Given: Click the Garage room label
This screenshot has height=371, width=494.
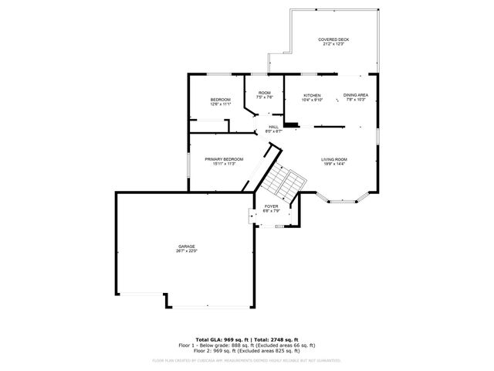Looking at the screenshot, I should click(x=186, y=247).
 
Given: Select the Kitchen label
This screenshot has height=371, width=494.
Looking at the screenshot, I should click(x=312, y=95).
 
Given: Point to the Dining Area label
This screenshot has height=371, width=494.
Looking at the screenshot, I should click(x=356, y=95).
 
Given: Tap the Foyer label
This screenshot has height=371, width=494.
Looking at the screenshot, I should click(x=271, y=206).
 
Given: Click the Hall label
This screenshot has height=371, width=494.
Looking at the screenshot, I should click(x=273, y=127).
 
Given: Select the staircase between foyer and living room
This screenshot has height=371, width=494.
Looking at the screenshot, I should click(x=283, y=182).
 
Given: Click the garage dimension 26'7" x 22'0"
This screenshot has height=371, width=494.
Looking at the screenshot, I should click(x=186, y=251).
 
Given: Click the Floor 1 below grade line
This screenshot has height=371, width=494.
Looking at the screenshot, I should click(x=247, y=345).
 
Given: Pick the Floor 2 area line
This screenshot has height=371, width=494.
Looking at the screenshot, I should click(x=247, y=351).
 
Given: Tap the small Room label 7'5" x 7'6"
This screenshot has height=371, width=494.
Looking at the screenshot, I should click(x=265, y=95).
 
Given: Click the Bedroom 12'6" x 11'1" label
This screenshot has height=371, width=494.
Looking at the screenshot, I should click(x=221, y=102).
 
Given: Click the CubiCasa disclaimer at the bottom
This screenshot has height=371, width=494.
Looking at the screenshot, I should click(x=247, y=360).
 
